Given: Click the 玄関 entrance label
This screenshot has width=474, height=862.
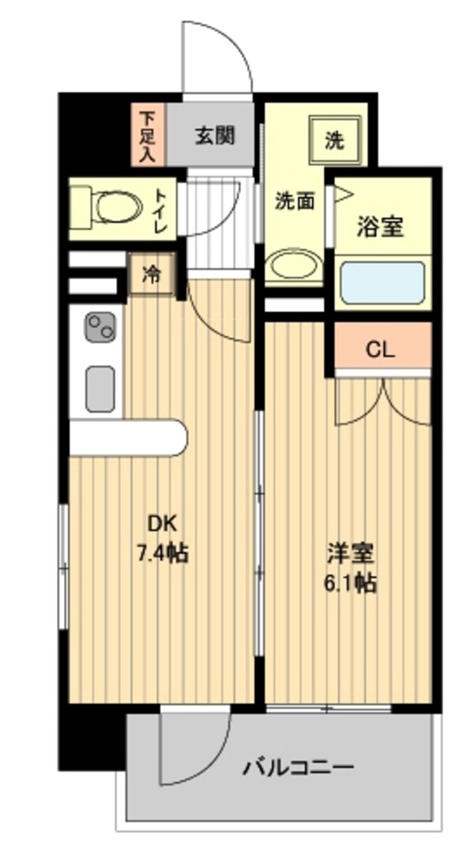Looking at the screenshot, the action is pyautogui.click(x=214, y=134).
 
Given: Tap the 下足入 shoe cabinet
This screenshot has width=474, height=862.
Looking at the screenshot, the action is pyautogui.click(x=148, y=134).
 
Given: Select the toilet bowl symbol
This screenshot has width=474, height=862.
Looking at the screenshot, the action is pyautogui.click(x=108, y=208).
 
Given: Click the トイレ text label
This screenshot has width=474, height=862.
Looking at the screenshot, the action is pyautogui.click(x=161, y=211).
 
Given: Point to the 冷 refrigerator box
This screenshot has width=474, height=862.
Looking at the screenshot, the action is pyautogui.click(x=151, y=274).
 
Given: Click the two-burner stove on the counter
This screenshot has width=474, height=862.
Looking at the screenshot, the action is pyautogui.click(x=100, y=327).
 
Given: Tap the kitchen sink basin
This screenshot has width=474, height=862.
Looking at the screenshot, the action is pyautogui.click(x=100, y=389).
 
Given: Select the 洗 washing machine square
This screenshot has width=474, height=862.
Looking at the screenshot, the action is pyautogui.click(x=335, y=140).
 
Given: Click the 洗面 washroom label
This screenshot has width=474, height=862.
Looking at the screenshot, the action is pyautogui.click(x=295, y=202).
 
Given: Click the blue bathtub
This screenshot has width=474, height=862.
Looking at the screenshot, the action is pyautogui.click(x=382, y=283).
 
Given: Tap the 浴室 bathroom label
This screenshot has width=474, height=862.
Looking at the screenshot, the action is pyautogui.click(x=381, y=227).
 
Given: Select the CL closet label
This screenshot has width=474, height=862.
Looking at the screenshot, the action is pyautogui.click(x=381, y=350).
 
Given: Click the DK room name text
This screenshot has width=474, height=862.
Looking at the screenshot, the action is pyautogui.click(x=162, y=524).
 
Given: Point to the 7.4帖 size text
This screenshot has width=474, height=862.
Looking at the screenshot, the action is pyautogui.click(x=162, y=552).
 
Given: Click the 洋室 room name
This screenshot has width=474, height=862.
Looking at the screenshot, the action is pyautogui.click(x=351, y=554).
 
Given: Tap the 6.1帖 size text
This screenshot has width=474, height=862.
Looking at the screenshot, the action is pyautogui.click(x=351, y=582).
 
